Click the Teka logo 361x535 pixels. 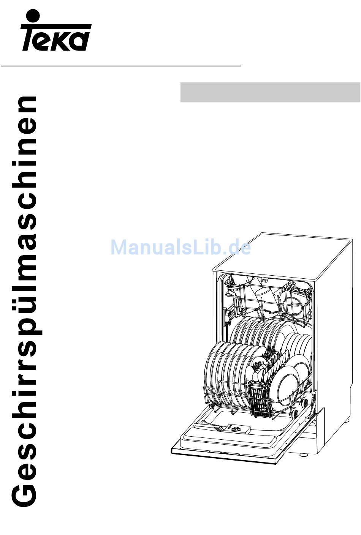[56, 30]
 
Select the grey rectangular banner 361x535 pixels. [270, 92]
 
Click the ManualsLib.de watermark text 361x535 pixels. [181, 248]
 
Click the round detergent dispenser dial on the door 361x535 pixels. [237, 429]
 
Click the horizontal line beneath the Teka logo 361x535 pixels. [120, 66]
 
